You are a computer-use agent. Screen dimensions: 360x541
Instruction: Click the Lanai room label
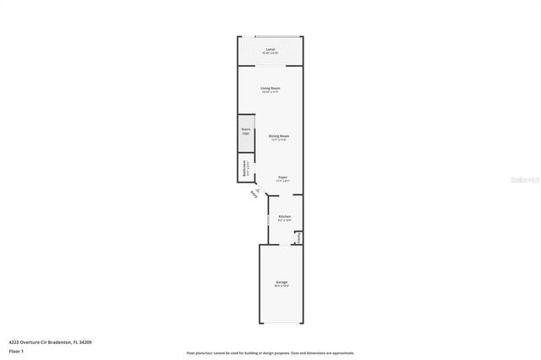pos(270,50)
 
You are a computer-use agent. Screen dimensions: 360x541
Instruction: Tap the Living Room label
pos(270,88)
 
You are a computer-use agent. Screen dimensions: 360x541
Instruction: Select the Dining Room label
pos(279,136)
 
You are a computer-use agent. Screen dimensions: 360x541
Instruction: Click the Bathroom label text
pos(245,167)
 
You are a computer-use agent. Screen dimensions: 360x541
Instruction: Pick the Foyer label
pos(283,177)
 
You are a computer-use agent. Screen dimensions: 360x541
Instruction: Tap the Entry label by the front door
pos(254,195)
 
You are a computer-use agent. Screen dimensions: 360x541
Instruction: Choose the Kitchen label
pos(284,216)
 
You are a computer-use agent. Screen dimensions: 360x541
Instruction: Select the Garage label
pos(281,281)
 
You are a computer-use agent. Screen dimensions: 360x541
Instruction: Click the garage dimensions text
pos(281,286)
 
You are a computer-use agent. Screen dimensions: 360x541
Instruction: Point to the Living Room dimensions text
pos(270,92)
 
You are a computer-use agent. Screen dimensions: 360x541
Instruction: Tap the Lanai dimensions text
pos(270,54)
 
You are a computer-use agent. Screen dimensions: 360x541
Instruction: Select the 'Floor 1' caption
pos(17,351)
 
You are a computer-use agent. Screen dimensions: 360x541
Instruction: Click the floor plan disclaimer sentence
pos(270,353)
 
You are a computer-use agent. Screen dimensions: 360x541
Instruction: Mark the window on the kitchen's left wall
pos(268,221)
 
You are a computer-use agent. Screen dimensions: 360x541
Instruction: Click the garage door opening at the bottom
pos(281,324)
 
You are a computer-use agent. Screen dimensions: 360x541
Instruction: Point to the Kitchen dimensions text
pos(284,221)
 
